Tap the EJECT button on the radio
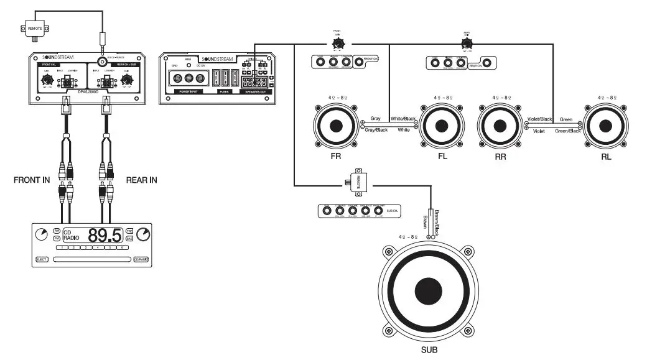[42, 259]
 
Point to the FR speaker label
[336, 157]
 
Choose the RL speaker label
[605, 157]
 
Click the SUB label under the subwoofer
[429, 350]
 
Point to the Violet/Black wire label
[539, 119]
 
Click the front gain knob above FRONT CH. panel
[338, 44]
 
